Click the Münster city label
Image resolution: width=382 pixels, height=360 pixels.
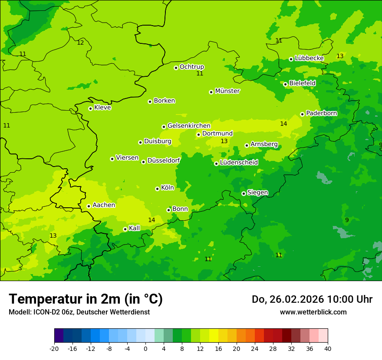pyautogui.click(x=227, y=91)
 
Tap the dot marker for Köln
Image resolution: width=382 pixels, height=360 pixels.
pyautogui.click(x=157, y=189)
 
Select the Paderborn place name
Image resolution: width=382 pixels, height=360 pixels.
pyautogui.click(x=321, y=113)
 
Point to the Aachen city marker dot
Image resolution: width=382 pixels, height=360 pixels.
pyautogui.click(x=89, y=206)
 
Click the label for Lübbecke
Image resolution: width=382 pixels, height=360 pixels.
pyautogui.click(x=309, y=58)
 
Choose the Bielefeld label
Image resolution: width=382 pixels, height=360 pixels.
pyautogui.click(x=302, y=83)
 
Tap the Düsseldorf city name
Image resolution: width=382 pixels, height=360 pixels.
pyautogui.click(x=164, y=160)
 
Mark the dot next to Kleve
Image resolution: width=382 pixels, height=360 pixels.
pyautogui.click(x=90, y=108)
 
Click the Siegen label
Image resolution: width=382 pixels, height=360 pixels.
pyautogui.click(x=257, y=193)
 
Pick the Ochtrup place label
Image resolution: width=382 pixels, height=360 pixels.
pyautogui.click(x=191, y=67)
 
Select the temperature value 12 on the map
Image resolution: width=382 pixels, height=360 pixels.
pyautogui.click(x=80, y=43)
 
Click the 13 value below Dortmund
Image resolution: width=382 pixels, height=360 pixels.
pyautogui.click(x=224, y=141)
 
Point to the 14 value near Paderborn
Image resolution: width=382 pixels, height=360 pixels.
pyautogui.click(x=283, y=124)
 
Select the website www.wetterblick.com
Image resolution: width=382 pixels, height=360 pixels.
pyautogui.click(x=313, y=312)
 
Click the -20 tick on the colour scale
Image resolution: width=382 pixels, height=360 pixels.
pyautogui.click(x=54, y=348)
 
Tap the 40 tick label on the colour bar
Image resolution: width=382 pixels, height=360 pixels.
pyautogui.click(x=327, y=348)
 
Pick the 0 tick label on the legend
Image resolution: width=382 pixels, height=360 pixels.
pyautogui.click(x=145, y=348)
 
